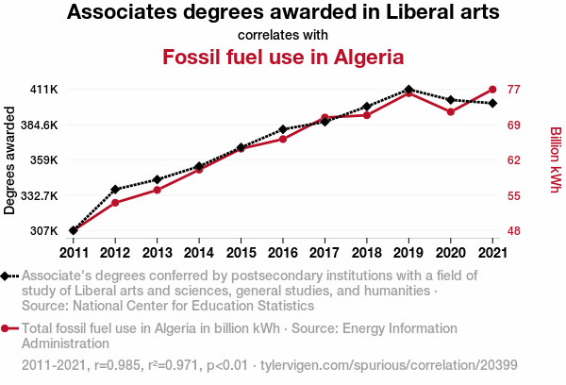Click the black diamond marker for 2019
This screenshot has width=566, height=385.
click(x=408, y=90)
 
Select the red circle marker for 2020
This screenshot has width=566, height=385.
click(x=450, y=112)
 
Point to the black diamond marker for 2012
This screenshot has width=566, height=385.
click(x=115, y=190)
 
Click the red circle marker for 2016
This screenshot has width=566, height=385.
click(x=283, y=140)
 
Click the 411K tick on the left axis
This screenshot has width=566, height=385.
click(x=44, y=90)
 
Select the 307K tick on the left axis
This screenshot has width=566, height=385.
click(x=44, y=231)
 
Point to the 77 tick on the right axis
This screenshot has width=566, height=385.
click(x=515, y=90)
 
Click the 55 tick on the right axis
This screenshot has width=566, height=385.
click(x=515, y=195)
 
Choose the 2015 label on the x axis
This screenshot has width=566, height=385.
click(x=241, y=252)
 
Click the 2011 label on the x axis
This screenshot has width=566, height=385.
click(x=73, y=252)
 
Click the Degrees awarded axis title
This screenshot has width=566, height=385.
click(x=10, y=160)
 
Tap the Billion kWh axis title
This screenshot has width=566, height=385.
click(x=555, y=160)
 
